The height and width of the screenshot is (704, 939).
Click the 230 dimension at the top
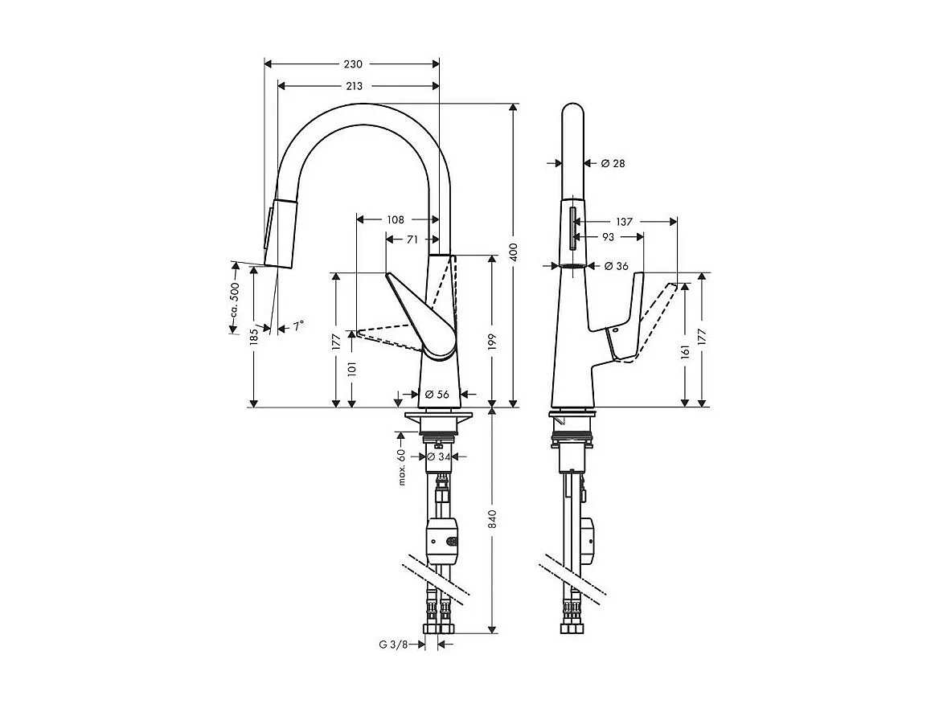pyautogui.click(x=353, y=64)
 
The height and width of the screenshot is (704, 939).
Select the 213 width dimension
pyautogui.click(x=353, y=86)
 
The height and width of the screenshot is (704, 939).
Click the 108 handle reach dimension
pyautogui.click(x=395, y=219)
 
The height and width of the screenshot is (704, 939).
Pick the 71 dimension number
pyautogui.click(x=411, y=239)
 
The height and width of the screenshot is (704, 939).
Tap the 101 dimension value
pyautogui.click(x=352, y=370)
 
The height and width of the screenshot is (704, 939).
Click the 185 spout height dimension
pyautogui.click(x=254, y=336)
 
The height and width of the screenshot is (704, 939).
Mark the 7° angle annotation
pyautogui.click(x=297, y=326)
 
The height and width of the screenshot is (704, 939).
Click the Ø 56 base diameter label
pyautogui.click(x=437, y=395)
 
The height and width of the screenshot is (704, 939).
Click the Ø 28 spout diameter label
pyautogui.click(x=613, y=164)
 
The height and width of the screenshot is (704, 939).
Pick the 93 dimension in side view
pyautogui.click(x=608, y=237)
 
